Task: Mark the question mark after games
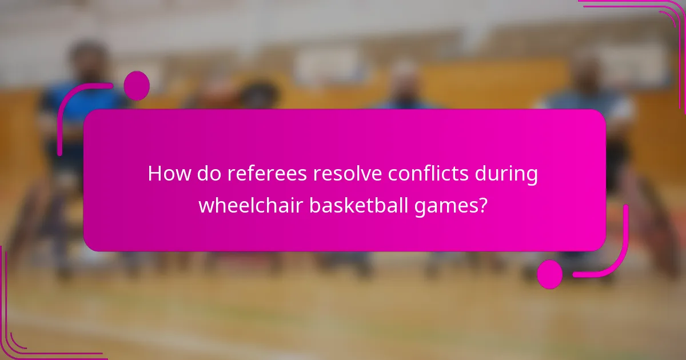(x=483, y=205)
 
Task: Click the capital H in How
(x=154, y=174)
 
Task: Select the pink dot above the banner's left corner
(x=137, y=86)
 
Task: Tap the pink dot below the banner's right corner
(x=549, y=274)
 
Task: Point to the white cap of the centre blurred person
(x=405, y=69)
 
